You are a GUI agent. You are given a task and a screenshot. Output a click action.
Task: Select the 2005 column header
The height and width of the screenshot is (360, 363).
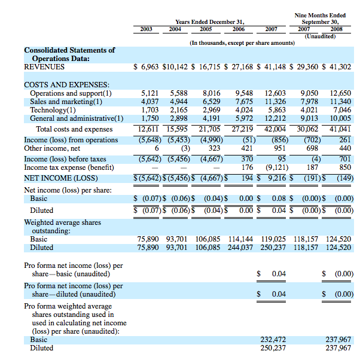206,28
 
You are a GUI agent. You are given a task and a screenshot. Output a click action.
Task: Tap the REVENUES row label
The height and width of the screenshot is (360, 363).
44,67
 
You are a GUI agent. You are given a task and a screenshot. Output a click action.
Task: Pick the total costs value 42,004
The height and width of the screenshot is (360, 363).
276,129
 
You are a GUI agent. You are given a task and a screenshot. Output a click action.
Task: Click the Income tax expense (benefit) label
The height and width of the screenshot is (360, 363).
68,167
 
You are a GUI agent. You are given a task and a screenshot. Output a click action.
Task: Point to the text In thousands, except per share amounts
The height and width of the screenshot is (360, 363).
242,43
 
